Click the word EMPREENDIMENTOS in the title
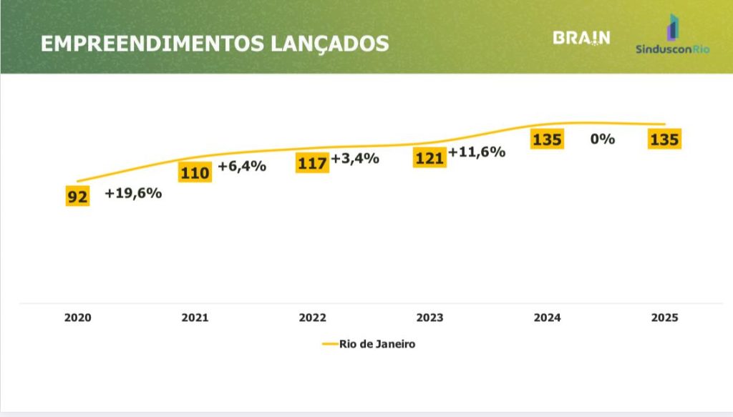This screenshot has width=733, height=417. pos(152,44)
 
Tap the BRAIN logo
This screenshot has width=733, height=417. pos(581,38)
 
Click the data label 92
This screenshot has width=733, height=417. pos(77,196)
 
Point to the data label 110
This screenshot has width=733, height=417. pos(195,172)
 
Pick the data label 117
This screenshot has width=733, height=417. pos(312,163)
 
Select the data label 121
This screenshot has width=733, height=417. pos(429,158)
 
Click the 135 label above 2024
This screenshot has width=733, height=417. pos(547,139)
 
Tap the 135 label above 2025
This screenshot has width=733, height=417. pos(664,139)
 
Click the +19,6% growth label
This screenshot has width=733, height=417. pos(133,193)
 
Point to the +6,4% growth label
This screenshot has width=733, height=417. pos(242,167)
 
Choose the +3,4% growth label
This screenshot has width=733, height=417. pos(355,158)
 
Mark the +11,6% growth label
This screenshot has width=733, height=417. pos(477,152)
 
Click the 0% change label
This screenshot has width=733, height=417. pos(603,139)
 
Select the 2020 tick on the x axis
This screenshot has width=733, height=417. pos(77,318)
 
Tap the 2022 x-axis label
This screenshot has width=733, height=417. pos(312,318)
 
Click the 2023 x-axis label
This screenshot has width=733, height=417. pos(429,318)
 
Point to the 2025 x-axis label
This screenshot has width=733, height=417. pos(664,318)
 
